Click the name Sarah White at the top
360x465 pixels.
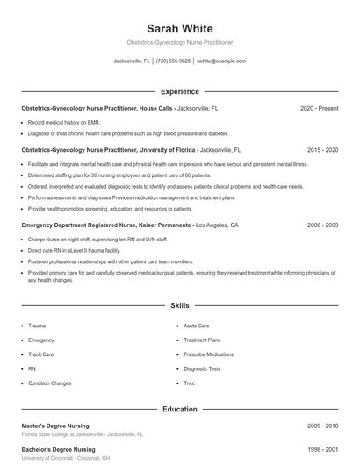pos(179,29)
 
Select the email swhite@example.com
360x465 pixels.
pos(220,61)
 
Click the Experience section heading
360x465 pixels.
pos(179,91)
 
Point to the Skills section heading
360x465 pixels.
pos(179,306)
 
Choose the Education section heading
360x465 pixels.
pos(179,409)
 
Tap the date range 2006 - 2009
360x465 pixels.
pos(322,225)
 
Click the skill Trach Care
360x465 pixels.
pos(42,354)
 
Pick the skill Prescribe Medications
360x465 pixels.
pos(209,354)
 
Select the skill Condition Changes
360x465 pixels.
pos(49,383)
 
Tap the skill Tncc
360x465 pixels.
pos(190,383)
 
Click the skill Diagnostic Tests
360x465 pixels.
pos(202,368)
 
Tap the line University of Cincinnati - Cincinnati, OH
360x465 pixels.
pos(67,458)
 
